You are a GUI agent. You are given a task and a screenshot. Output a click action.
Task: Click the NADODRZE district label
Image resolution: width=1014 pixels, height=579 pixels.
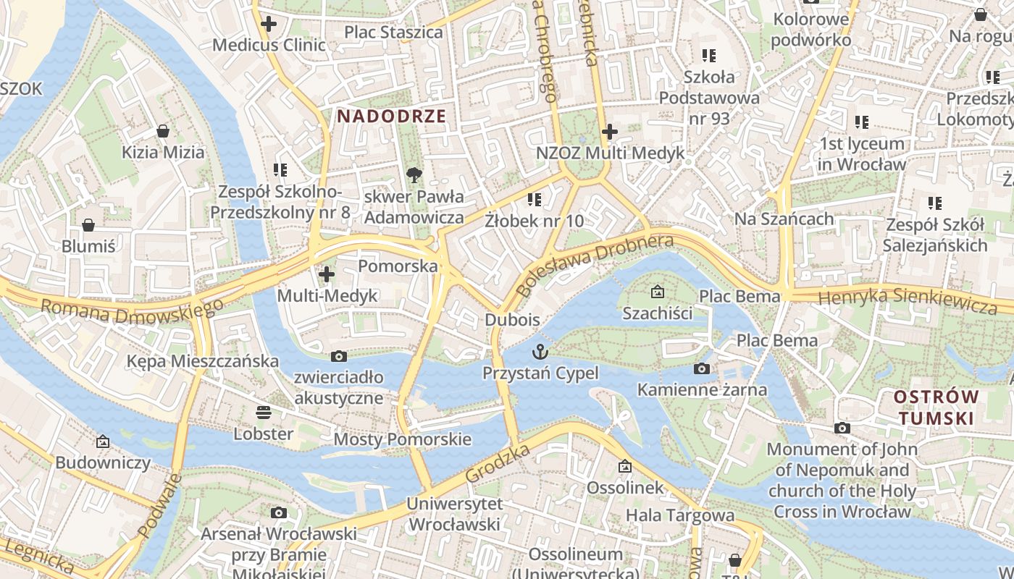coord(390,116)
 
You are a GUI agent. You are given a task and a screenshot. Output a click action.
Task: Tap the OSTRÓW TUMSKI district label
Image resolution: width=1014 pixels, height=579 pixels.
coord(936,407)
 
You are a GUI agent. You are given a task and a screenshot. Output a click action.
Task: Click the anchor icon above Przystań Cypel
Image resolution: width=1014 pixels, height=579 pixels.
coord(540,352)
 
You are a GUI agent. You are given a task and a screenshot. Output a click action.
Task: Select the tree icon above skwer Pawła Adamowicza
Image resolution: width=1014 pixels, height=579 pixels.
coord(414,174)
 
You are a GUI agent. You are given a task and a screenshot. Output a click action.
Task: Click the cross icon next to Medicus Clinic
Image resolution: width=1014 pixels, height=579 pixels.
coord(269,24)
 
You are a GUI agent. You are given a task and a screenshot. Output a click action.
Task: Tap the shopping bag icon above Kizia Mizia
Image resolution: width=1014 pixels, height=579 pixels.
coord(163,131)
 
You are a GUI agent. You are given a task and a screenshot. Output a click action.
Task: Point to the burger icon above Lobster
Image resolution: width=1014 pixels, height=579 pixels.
coord(264,413)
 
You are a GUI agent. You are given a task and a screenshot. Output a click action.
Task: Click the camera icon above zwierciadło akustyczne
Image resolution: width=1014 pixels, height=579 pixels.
coord(338,356)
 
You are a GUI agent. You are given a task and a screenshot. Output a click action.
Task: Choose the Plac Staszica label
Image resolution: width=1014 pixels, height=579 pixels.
coord(393,33)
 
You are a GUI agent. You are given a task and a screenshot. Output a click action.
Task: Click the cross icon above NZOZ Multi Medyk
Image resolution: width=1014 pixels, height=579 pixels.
coord(610,132)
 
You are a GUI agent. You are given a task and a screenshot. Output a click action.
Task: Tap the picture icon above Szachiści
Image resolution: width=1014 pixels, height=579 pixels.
coord(657,292)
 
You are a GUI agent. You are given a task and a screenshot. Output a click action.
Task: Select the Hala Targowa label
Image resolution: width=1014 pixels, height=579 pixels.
coord(680,516)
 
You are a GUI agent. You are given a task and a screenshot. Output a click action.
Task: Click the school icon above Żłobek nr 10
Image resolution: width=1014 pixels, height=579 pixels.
coord(535,199)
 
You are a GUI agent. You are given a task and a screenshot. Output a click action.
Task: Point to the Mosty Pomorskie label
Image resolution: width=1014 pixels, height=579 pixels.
coord(402,439)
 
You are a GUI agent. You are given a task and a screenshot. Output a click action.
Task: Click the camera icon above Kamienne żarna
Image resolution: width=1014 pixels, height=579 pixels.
coord(701,369)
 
